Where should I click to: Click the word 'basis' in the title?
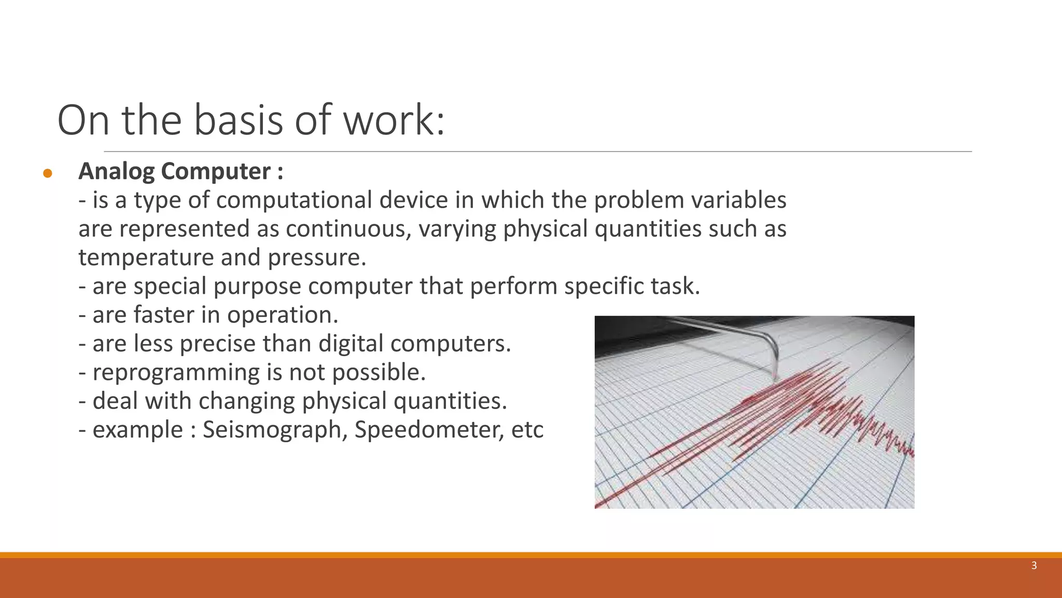(x=239, y=120)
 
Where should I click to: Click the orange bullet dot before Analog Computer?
(x=48, y=173)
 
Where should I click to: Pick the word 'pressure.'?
(x=317, y=258)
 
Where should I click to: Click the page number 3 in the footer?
(x=1034, y=566)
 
